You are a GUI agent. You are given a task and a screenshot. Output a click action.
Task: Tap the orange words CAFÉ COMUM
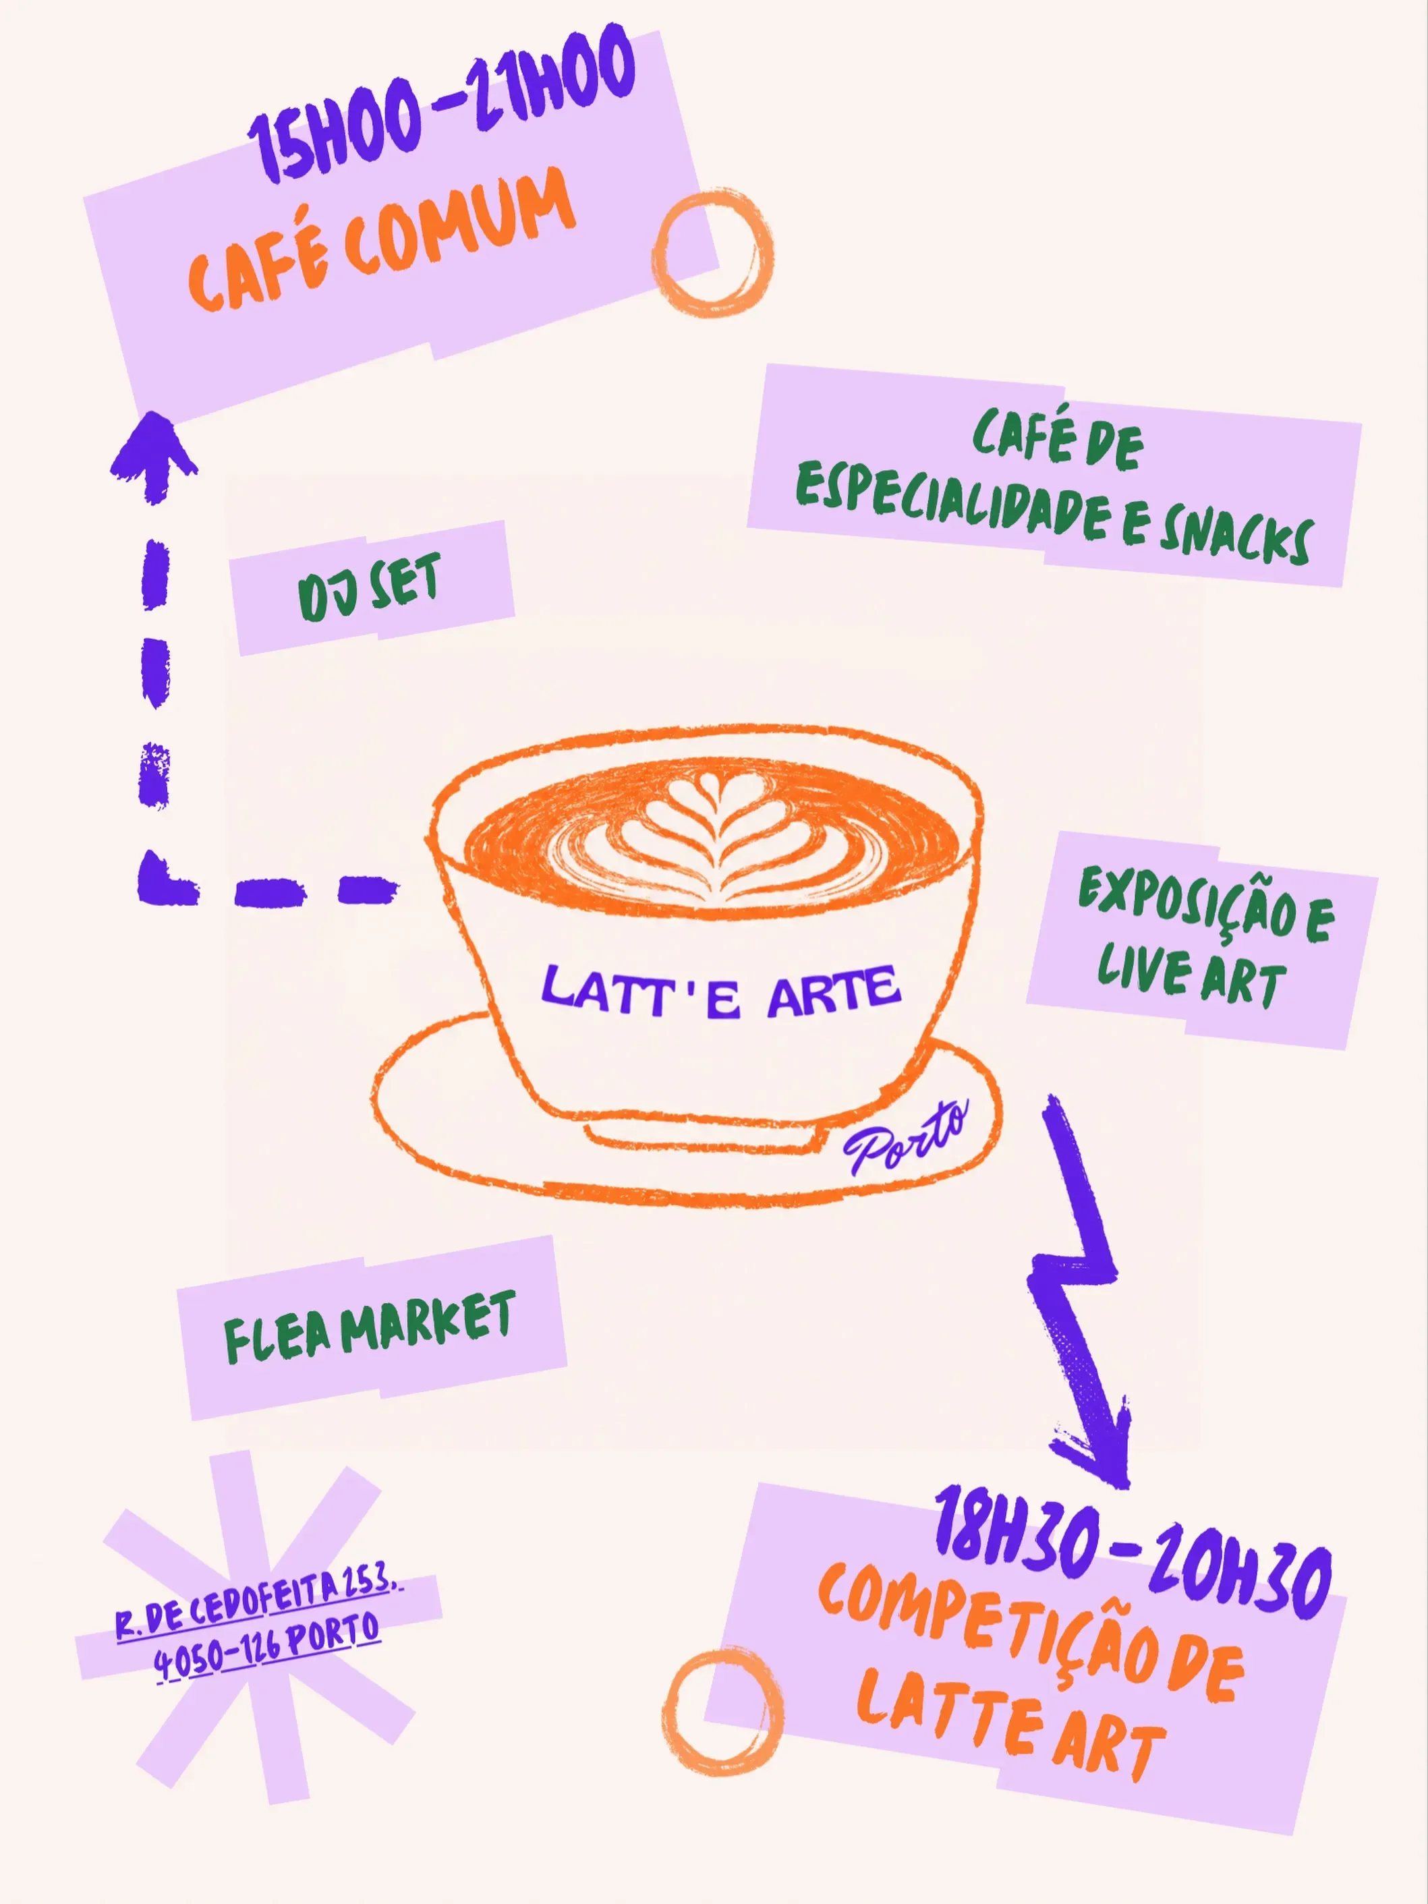point(381,239)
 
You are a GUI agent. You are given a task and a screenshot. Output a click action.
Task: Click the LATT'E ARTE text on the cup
point(721,991)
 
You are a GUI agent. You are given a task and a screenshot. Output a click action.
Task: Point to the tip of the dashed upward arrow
point(155,413)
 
